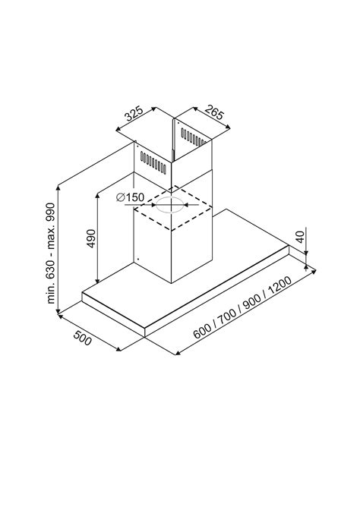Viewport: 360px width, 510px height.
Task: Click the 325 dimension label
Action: [x=134, y=114]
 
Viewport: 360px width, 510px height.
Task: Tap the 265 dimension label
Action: [x=214, y=112]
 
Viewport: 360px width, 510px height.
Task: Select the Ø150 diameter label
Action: [x=130, y=197]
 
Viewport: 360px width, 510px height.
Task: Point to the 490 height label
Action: [x=91, y=238]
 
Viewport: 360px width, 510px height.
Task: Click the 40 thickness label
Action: [x=301, y=237]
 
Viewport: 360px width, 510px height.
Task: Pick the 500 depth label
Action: [x=82, y=338]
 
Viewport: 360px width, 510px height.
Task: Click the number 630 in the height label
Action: [x=51, y=269]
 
